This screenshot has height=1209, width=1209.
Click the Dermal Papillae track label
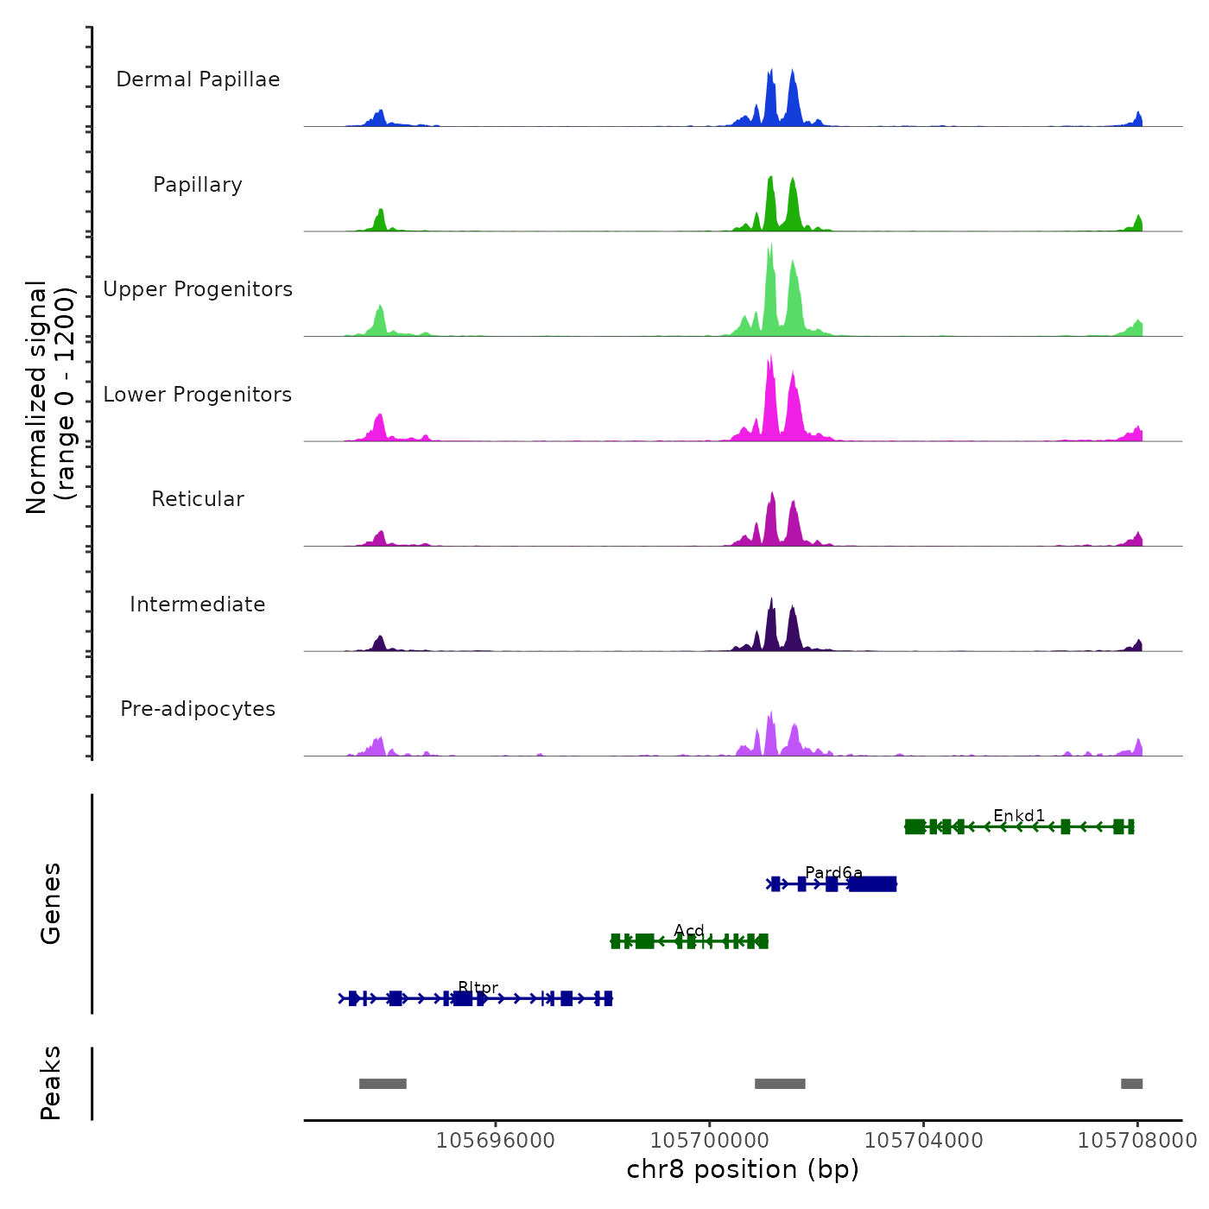click(198, 79)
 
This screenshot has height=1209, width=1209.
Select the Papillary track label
click(198, 185)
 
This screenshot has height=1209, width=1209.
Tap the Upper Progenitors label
click(198, 289)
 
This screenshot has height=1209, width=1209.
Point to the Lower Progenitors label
click(198, 395)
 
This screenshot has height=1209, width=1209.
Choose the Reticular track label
click(198, 499)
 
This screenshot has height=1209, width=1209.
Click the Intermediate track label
click(198, 604)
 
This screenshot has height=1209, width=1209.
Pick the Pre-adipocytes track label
click(198, 709)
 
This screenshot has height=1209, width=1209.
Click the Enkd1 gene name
click(1019, 815)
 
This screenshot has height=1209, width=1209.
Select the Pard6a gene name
click(833, 872)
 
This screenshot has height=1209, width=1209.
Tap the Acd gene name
click(689, 930)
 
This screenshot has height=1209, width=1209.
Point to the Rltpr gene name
click(478, 987)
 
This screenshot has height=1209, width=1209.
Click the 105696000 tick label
click(496, 1141)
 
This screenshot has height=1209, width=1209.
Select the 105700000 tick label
click(710, 1141)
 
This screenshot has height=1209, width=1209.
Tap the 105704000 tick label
click(923, 1141)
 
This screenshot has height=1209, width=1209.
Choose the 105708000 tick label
click(1137, 1141)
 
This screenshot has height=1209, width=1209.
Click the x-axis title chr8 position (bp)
click(743, 1170)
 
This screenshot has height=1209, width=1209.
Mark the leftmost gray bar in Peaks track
click(383, 1084)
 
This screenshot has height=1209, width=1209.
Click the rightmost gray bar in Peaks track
click(1131, 1084)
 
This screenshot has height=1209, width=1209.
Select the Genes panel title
click(51, 903)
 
